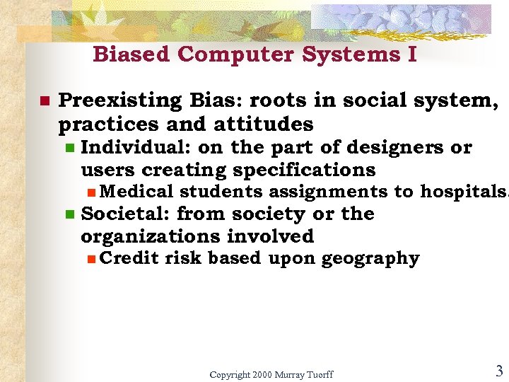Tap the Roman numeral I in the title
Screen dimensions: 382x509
pyautogui.click(x=412, y=54)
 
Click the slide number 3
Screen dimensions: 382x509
pyautogui.click(x=498, y=371)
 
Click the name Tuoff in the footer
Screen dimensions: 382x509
pyautogui.click(x=317, y=374)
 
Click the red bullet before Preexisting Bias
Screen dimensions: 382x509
pyautogui.click(x=44, y=101)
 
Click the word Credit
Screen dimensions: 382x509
pyautogui.click(x=129, y=258)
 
